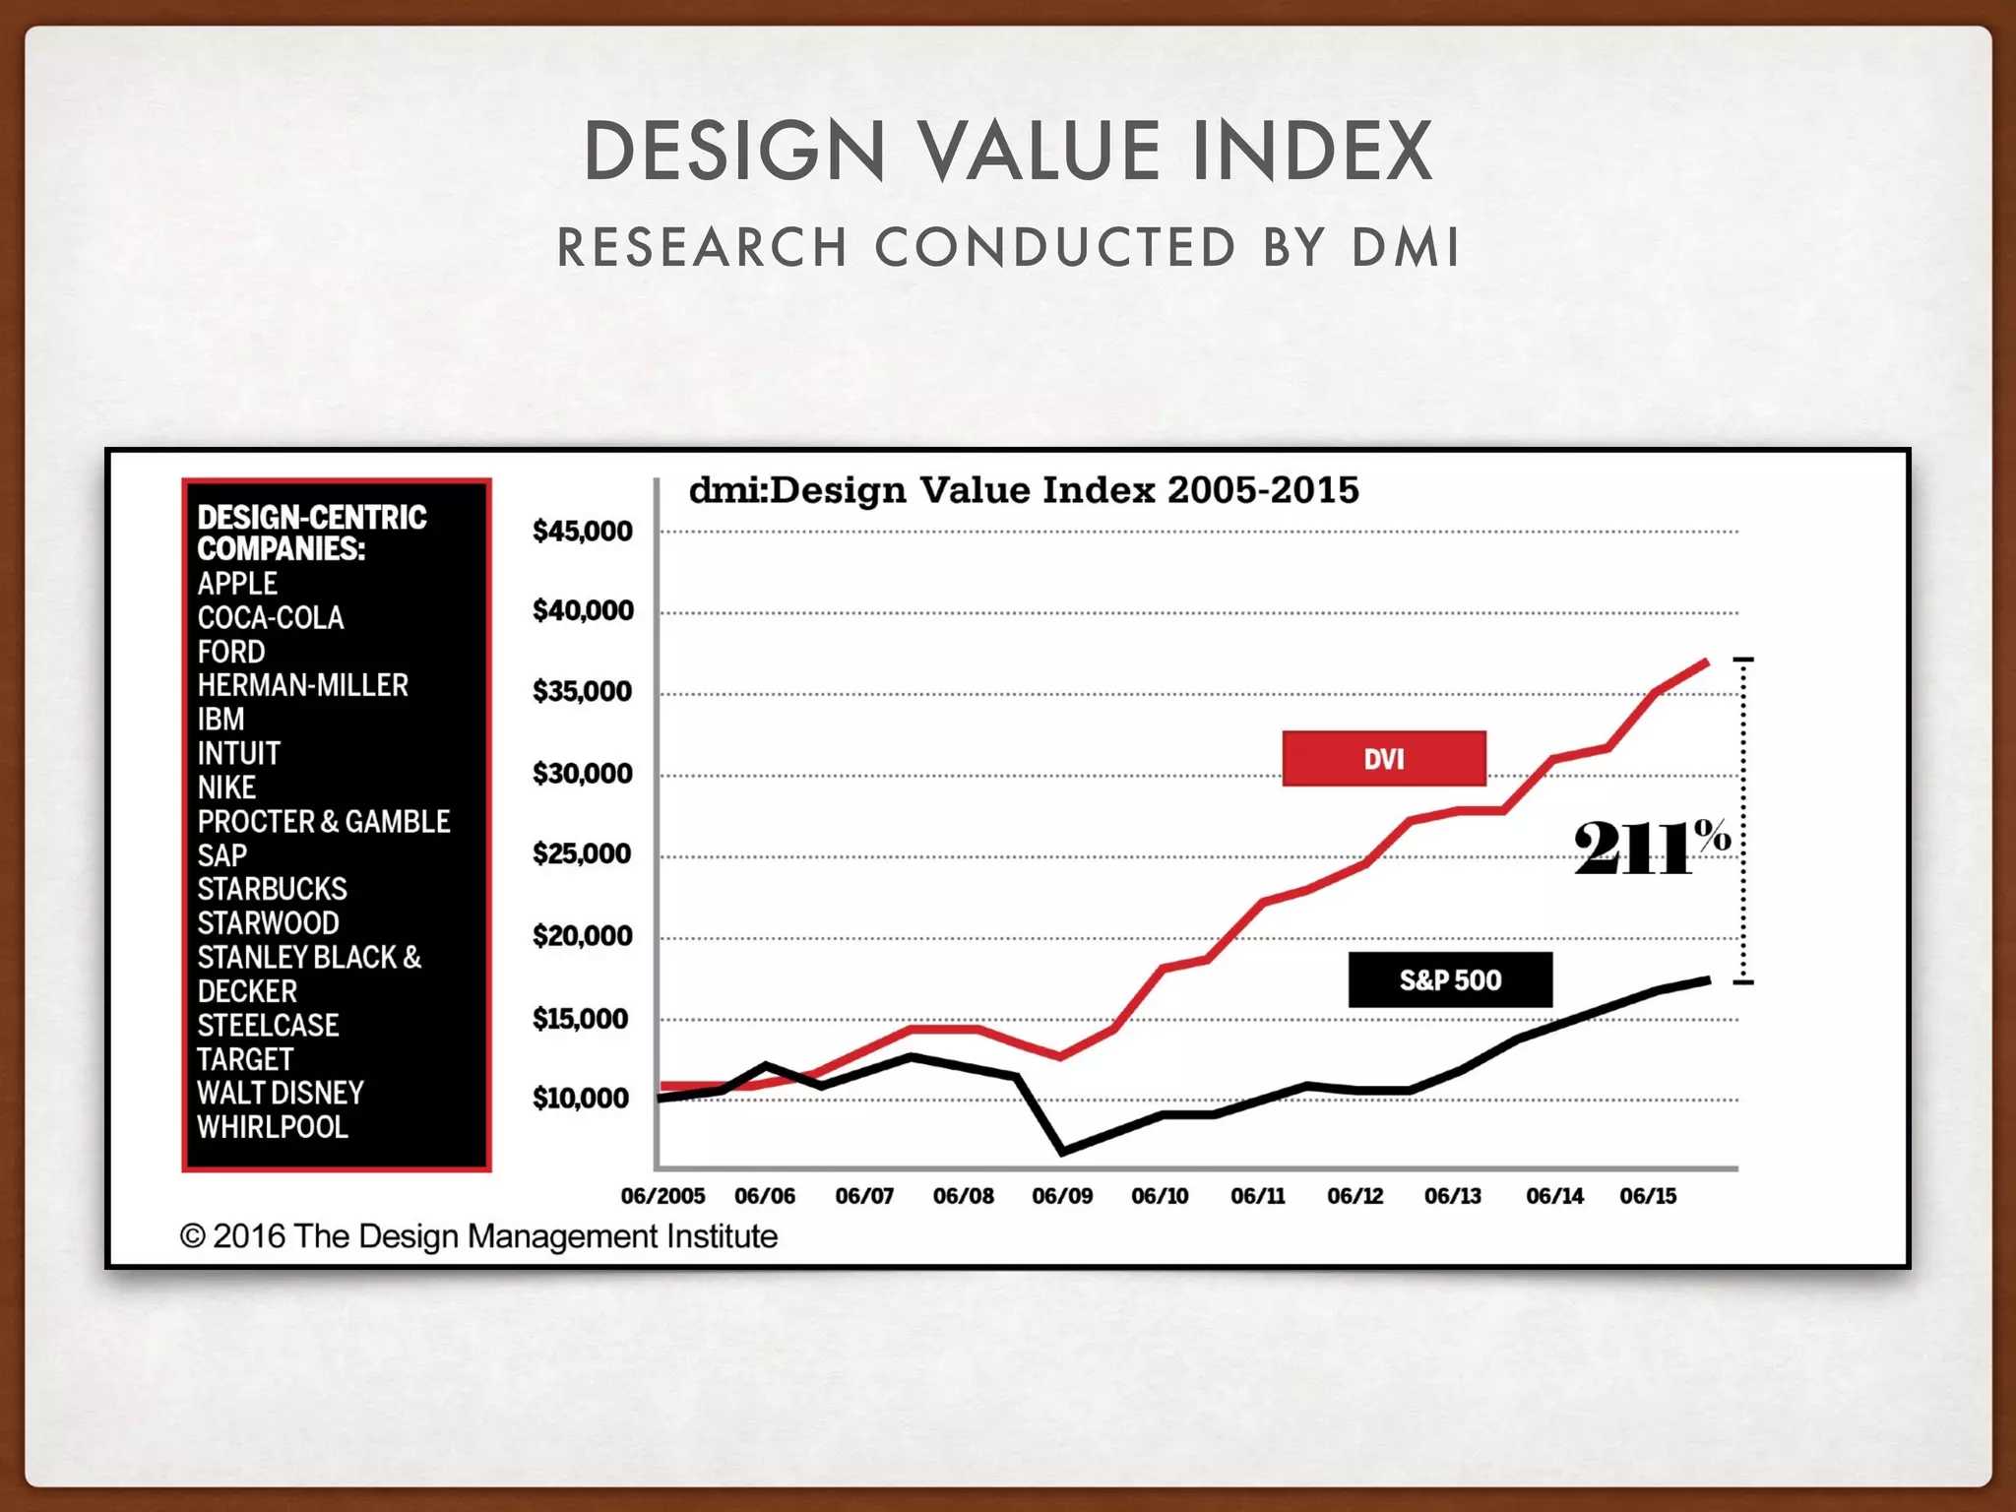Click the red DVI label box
(x=1383, y=758)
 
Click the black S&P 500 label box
(x=1450, y=979)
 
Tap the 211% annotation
(x=1651, y=847)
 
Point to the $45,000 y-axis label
(x=582, y=532)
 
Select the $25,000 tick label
(x=582, y=853)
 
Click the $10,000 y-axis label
(x=581, y=1098)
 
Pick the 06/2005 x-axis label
(x=662, y=1196)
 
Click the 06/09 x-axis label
(x=1062, y=1196)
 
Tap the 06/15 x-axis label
(x=1648, y=1196)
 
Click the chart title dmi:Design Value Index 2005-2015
(x=1024, y=490)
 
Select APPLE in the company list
(x=237, y=584)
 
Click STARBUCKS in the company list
(x=272, y=889)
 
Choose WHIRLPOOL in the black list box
(x=273, y=1127)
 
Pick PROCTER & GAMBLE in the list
(x=324, y=821)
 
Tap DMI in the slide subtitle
(x=1405, y=247)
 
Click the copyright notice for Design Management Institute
(x=478, y=1236)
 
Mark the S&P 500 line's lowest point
(x=1063, y=1150)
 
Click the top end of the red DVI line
(x=1707, y=662)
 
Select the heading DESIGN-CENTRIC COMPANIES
(x=311, y=533)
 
